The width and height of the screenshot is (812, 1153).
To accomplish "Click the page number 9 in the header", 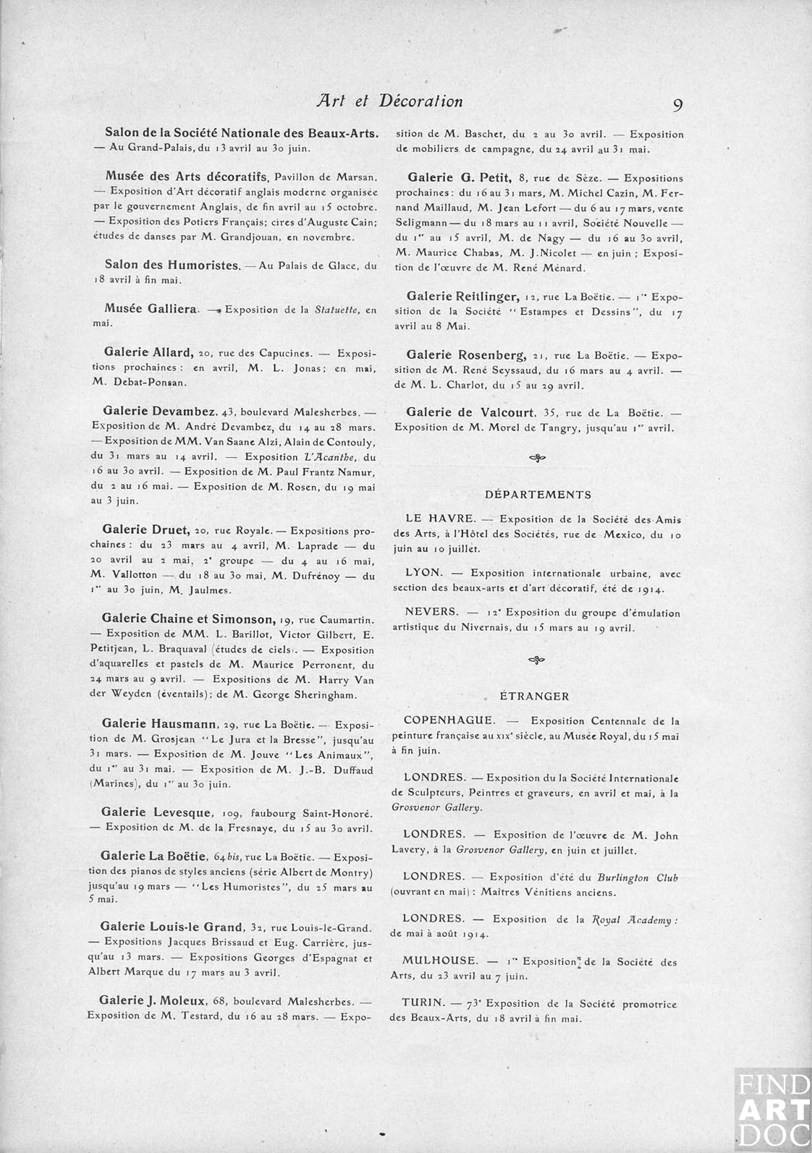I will coord(677,105).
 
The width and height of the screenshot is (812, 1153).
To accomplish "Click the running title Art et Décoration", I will coord(389,101).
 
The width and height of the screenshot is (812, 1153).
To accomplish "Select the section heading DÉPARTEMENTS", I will coord(538,495).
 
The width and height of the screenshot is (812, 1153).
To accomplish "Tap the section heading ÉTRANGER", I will coord(535,697).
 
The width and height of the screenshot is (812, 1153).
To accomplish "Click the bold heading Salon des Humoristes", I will coord(172,265).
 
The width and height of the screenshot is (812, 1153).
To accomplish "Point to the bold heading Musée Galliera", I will coord(151,309).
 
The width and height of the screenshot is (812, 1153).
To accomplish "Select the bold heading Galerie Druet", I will coord(145,530).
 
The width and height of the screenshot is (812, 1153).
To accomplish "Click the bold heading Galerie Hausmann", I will coord(159,723).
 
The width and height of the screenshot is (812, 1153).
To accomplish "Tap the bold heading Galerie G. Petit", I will coord(460,177).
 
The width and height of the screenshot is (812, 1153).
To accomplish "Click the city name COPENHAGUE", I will coord(449,720).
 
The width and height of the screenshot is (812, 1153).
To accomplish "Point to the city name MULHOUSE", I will coord(440,961).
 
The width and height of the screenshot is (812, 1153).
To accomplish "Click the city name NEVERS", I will coord(431,612).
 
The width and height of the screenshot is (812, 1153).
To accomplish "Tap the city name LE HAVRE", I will coord(441,519).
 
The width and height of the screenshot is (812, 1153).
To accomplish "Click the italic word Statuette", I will coord(337,310).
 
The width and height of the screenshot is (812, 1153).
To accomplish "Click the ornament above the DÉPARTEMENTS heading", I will coord(537,457).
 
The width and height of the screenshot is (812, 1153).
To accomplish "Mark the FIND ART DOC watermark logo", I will coord(772,1110).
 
